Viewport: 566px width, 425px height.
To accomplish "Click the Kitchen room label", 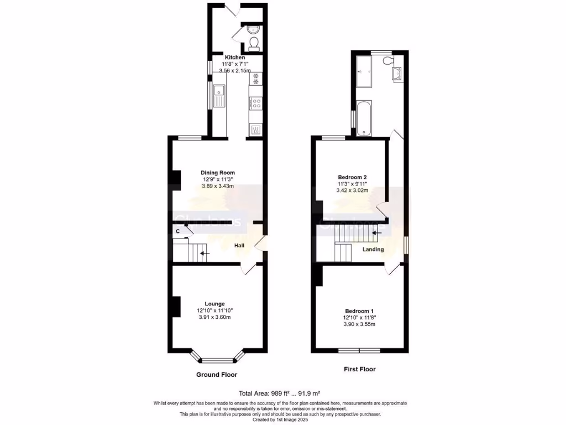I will tap(234, 58).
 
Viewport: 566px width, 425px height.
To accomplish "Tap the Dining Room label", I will tap(214, 172).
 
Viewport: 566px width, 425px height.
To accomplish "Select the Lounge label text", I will tap(214, 303).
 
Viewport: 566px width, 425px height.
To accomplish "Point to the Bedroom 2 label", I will tap(352, 177).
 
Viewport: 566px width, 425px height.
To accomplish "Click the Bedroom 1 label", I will tap(359, 311).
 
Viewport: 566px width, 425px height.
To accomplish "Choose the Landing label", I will tap(373, 250).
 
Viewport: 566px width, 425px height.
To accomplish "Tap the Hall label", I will tap(240, 245).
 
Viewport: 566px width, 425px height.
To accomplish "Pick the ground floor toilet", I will tap(254, 43).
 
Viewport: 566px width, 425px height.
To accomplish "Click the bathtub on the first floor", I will tap(364, 117).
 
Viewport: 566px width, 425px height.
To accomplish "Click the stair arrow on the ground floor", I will tap(205, 253).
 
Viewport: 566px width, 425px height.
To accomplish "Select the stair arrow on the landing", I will tap(377, 233).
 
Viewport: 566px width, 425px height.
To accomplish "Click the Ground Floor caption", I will tap(217, 375).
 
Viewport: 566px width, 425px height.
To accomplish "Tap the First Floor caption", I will tap(359, 369).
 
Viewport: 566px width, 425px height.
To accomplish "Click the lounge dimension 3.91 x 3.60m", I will tap(214, 317).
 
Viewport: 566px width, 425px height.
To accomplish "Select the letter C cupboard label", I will tap(177, 231).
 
